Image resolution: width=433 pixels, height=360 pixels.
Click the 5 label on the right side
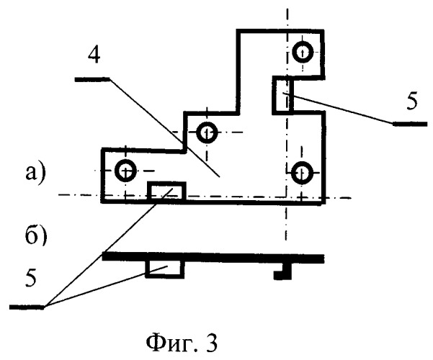(x=411, y=102)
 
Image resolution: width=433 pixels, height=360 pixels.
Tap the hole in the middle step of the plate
(x=207, y=132)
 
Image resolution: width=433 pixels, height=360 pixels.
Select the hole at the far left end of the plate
(x=125, y=171)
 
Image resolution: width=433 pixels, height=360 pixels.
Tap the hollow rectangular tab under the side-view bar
(x=165, y=268)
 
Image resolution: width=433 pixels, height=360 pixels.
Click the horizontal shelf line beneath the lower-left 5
(x=29, y=307)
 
